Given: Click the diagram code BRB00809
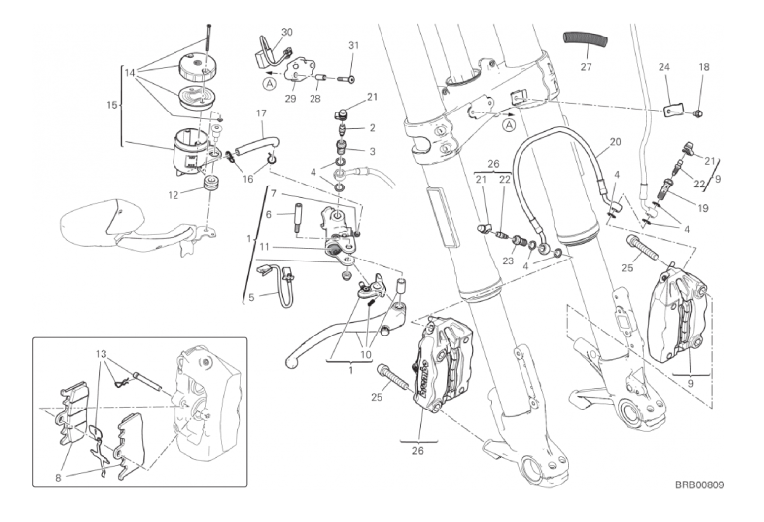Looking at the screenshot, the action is tap(699, 485).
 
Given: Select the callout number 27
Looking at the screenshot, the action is tap(586, 66).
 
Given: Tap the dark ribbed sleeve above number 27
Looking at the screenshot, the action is tap(587, 40).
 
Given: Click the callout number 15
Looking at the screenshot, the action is tap(112, 105).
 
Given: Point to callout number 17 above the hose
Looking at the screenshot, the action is tap(261, 113).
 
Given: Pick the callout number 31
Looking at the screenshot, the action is tap(353, 45).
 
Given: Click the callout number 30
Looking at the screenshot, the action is tap(287, 33).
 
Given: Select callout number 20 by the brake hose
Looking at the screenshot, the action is tap(616, 142).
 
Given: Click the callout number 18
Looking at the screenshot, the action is tap(704, 67).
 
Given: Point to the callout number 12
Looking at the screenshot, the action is tap(173, 195).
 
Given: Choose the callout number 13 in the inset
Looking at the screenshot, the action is tap(101, 354).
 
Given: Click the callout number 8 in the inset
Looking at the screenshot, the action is tap(58, 478).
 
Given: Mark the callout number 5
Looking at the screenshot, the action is tap(251, 297).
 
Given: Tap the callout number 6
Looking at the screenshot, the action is tap(268, 215).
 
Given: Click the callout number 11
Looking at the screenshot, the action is tap(278, 247).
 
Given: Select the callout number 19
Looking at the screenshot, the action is tap(702, 209).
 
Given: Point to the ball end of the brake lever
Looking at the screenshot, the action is tap(291, 362).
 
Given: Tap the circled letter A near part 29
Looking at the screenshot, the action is tap(271, 84).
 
